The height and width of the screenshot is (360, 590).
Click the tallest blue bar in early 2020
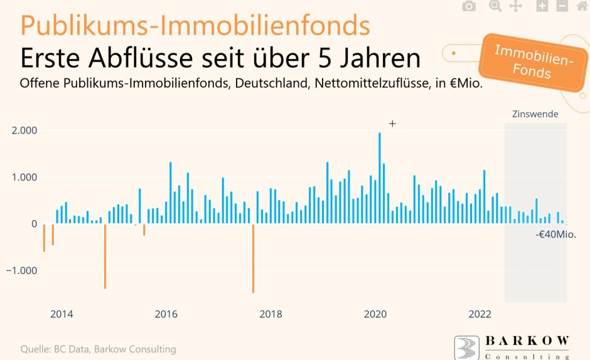pyautogui.click(x=380, y=178)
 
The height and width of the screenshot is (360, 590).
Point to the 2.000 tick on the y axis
pyautogui.click(x=24, y=131)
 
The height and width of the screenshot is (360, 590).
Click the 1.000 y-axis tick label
pyautogui.click(x=24, y=177)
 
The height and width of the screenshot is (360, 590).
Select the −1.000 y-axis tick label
pyautogui.click(x=23, y=271)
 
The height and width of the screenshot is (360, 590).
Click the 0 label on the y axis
pyautogui.click(x=34, y=224)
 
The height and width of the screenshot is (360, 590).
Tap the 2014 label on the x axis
pyautogui.click(x=61, y=314)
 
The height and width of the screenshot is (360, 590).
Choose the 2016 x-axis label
pyautogui.click(x=166, y=314)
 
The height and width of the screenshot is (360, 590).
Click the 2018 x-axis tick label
pyautogui.click(x=271, y=314)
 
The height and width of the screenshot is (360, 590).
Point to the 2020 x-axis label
pyautogui.click(x=375, y=314)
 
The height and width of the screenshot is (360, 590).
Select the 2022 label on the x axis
pyautogui.click(x=480, y=314)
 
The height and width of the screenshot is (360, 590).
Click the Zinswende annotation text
pyautogui.click(x=535, y=114)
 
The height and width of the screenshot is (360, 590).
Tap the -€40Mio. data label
pyautogui.click(x=555, y=235)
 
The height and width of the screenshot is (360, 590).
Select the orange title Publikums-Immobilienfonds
pyautogui.click(x=195, y=25)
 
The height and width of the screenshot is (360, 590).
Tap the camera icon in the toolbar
pyautogui.click(x=469, y=6)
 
